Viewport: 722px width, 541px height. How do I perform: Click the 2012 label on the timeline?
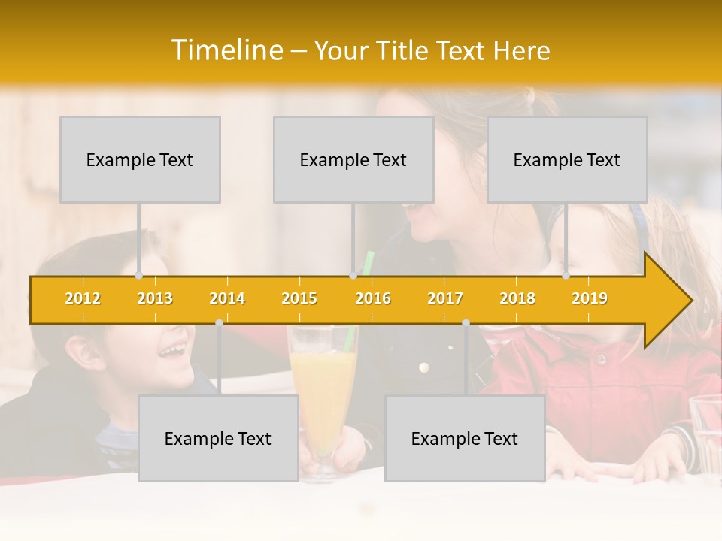tap(83, 298)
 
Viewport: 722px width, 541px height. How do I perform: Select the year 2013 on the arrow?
tap(155, 298)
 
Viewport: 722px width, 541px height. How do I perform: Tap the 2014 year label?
tap(227, 298)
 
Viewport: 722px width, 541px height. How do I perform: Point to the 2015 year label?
tap(299, 298)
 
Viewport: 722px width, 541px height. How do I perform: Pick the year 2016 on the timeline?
tap(373, 298)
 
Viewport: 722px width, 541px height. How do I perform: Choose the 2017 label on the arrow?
tap(445, 298)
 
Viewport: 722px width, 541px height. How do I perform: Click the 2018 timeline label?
tap(517, 298)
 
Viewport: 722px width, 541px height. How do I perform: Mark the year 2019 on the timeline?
tap(590, 298)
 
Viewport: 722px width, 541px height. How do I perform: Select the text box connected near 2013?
tap(140, 159)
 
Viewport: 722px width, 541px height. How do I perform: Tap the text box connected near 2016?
tap(353, 159)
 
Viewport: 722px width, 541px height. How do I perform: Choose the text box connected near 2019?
tap(567, 159)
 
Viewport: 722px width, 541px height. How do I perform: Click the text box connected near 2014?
tap(218, 438)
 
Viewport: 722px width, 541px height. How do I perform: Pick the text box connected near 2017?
tap(465, 438)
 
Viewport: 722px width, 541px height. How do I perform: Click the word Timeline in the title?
tap(226, 50)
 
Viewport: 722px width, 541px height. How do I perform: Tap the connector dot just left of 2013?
tap(138, 276)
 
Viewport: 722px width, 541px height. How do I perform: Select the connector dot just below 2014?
tap(219, 323)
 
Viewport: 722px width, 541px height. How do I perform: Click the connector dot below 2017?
tap(466, 323)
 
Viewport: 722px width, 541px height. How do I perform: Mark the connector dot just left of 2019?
tap(566, 276)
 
